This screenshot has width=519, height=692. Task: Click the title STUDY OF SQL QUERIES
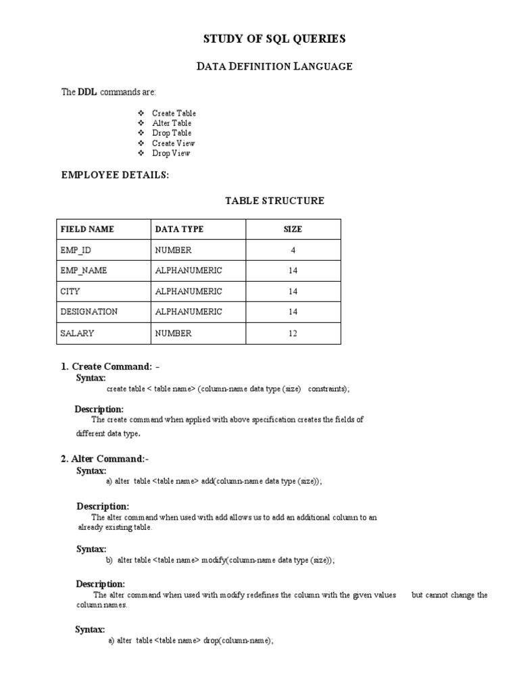[274, 39]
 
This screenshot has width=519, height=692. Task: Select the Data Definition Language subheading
[274, 66]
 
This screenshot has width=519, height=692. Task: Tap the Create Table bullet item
[174, 114]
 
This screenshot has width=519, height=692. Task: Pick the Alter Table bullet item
[172, 123]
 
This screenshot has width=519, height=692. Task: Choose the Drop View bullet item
[171, 153]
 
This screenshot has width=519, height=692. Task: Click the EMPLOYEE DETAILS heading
[116, 175]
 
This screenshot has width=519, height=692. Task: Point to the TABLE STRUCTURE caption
[274, 201]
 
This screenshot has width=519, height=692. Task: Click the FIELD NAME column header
[87, 229]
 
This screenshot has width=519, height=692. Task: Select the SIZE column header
[293, 229]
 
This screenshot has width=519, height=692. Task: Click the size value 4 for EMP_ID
[293, 250]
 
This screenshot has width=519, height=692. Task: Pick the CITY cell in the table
[70, 291]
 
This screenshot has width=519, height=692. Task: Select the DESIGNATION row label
[89, 312]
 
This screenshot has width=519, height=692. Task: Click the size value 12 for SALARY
[293, 333]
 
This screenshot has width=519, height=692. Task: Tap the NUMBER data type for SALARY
[174, 333]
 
